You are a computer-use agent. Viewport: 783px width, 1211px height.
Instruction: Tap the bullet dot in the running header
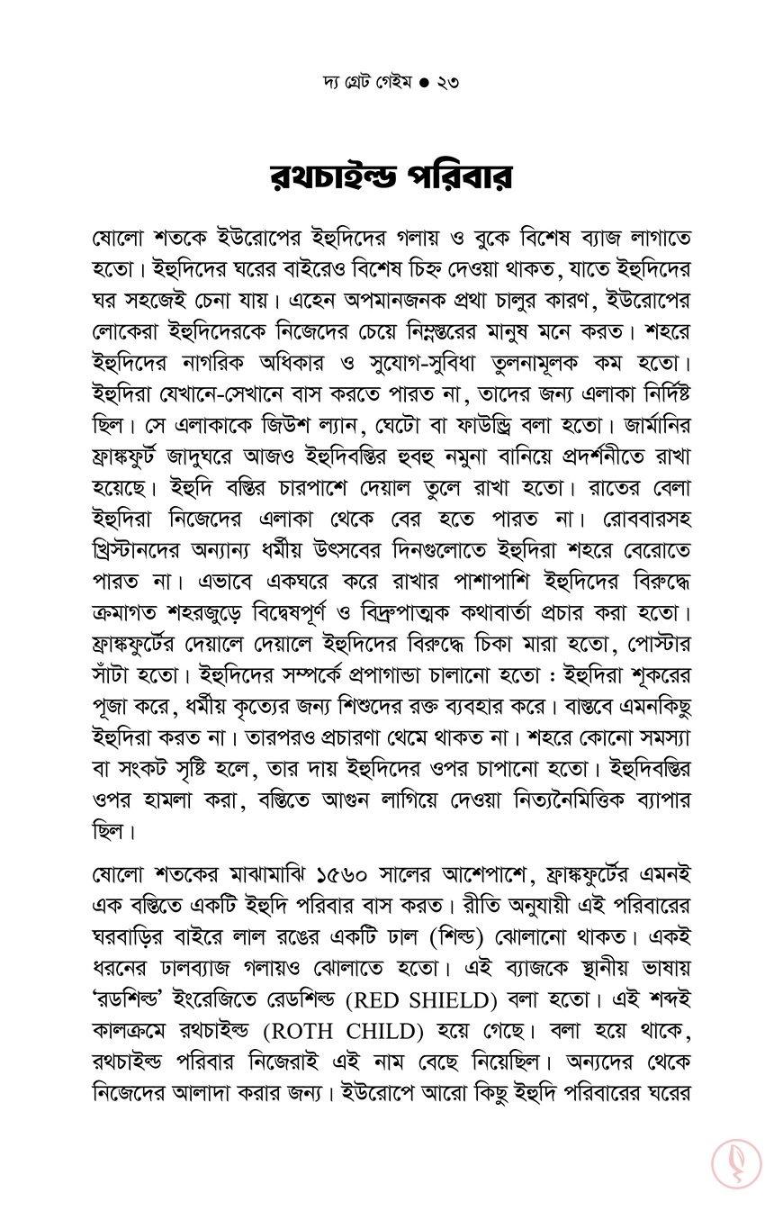click(424, 83)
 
